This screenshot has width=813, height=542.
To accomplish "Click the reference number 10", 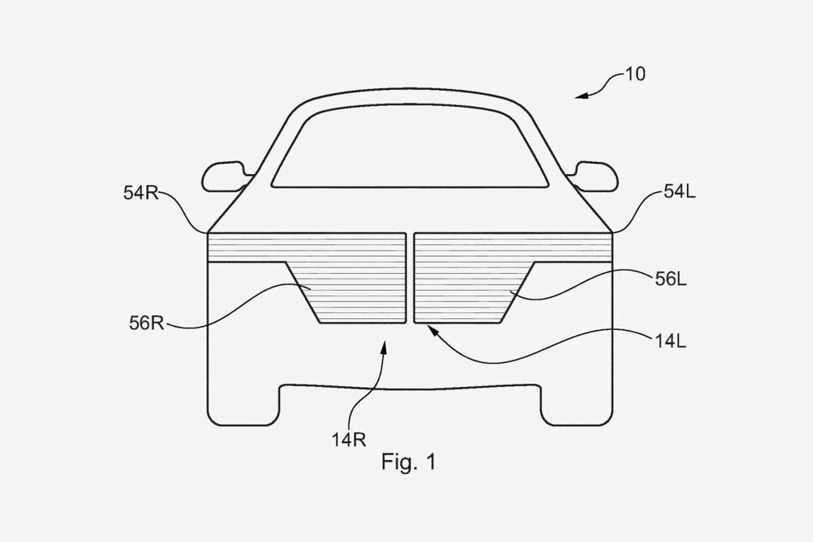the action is [635, 75].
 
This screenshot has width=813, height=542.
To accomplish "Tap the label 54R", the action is [141, 193].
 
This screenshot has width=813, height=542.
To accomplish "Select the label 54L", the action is [680, 191].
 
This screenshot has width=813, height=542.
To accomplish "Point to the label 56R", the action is [146, 322].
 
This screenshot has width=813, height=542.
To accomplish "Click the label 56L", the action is [671, 280].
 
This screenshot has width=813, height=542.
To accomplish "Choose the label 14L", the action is [670, 341].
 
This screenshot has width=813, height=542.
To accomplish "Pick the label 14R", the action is [349, 440].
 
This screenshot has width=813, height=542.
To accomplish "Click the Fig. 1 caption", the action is [409, 462].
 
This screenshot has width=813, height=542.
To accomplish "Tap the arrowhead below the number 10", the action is [582, 97].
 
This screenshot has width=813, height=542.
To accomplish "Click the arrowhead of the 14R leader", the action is [384, 346].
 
